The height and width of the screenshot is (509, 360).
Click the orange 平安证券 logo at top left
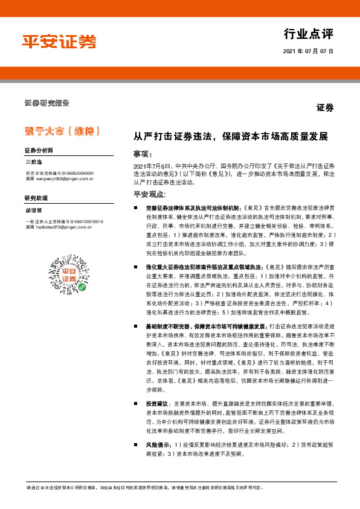click(59, 42)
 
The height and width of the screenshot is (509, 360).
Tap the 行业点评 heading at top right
click(307, 33)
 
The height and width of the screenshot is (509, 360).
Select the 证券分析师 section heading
click(39, 149)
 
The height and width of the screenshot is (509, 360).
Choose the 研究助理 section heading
click(35, 198)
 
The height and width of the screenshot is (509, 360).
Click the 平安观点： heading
click(149, 194)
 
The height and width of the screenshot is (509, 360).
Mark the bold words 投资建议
click(158, 403)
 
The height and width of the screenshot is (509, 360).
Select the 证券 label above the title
click(325, 108)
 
